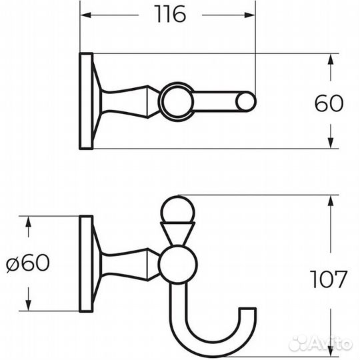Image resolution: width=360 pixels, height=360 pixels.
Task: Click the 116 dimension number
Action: tap(170, 14)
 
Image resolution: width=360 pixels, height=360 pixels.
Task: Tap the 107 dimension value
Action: tap(328, 279)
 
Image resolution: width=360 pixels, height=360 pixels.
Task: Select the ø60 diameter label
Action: tap(28, 263)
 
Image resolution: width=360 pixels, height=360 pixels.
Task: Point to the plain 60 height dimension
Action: tap(329, 103)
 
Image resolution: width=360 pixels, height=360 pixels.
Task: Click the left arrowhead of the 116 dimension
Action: tap(86, 15)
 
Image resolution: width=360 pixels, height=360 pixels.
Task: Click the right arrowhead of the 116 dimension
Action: tap(250, 15)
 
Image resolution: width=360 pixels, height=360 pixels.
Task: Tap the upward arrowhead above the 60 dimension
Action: tap(330, 59)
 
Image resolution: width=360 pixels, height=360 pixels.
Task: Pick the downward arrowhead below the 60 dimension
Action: tap(330, 143)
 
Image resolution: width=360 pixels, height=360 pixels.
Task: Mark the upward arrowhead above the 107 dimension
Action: tap(330, 201)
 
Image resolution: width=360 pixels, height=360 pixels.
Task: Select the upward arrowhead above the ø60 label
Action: tap(28, 221)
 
